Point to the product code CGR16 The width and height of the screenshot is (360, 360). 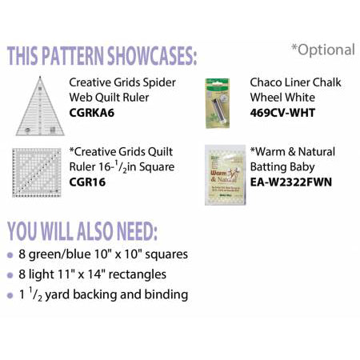pos(87,182)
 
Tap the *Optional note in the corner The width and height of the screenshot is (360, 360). pos(322,50)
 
